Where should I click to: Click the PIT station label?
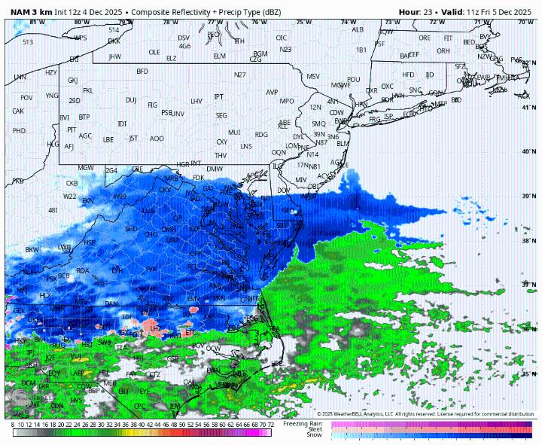[72, 130]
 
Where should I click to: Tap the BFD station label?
[142, 72]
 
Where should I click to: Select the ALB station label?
[358, 29]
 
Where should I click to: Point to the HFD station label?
[408, 75]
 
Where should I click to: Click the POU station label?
[354, 79]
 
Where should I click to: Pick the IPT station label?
[219, 96]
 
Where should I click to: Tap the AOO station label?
[157, 139]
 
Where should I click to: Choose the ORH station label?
[443, 51]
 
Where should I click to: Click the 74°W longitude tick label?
[348, 22]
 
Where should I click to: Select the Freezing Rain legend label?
[303, 423]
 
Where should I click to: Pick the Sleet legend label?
[313, 429]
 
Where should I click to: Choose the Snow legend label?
[314, 435]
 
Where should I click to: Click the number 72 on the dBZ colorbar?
[270, 425]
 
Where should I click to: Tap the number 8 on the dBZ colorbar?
[13, 425]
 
